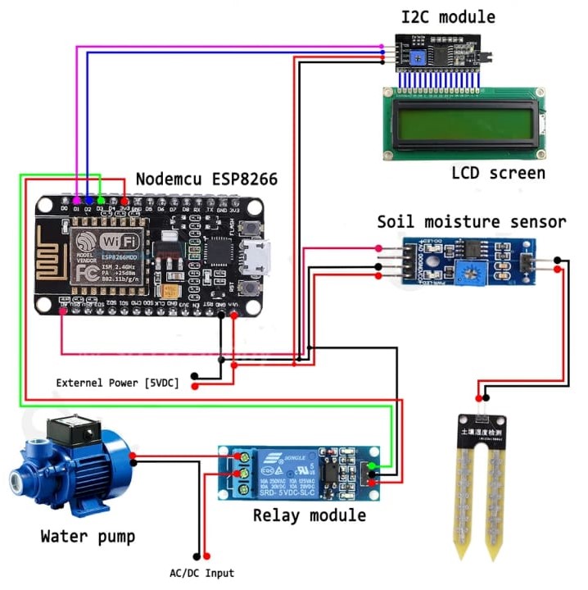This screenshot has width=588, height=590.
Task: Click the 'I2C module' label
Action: pos(447,16)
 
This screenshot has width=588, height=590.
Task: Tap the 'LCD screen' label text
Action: pos(498,173)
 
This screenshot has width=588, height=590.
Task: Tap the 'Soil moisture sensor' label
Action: pos(471,222)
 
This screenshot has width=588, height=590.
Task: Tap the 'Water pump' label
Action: pos(88,538)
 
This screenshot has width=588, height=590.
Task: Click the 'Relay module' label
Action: pos(309,515)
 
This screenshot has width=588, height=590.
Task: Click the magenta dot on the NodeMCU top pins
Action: pos(76,200)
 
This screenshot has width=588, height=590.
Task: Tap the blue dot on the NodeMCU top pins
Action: pos(88,200)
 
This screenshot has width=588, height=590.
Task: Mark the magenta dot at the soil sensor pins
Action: pos(378,248)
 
